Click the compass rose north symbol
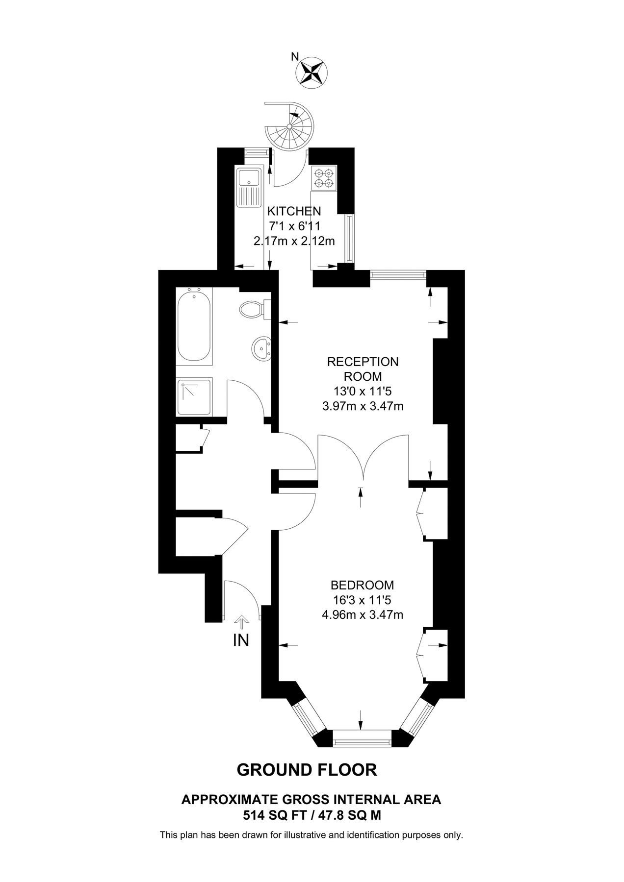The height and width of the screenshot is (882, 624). [311, 72]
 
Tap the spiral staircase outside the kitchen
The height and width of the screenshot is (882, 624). [289, 126]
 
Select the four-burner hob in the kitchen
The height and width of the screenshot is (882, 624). [324, 178]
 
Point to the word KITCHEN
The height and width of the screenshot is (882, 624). [294, 211]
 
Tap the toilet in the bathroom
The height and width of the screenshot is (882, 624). [252, 309]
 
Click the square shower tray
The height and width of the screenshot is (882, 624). [195, 396]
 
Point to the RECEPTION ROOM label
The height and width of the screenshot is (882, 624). [363, 369]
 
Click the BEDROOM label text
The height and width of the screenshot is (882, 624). [362, 585]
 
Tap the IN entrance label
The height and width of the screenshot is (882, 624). [241, 640]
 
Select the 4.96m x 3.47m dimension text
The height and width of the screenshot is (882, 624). [363, 614]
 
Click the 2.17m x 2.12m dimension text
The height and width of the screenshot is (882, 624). [294, 241]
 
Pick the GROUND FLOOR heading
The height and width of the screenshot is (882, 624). [307, 770]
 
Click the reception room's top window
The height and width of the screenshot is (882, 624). [398, 274]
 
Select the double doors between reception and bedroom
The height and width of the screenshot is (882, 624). [363, 458]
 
